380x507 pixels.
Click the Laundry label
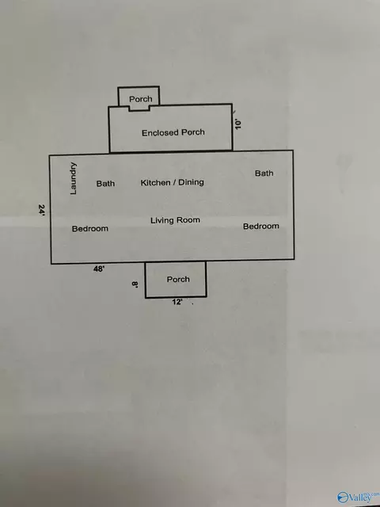(74, 178)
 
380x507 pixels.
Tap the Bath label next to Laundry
(105, 184)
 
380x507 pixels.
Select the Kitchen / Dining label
(173, 183)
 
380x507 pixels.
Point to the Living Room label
(175, 220)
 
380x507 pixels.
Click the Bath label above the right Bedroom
(264, 173)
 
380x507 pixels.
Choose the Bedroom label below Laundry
(90, 229)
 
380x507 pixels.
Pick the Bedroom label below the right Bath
(261, 227)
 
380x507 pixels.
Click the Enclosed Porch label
(173, 132)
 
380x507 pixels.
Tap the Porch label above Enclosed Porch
(141, 99)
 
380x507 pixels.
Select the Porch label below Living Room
(178, 280)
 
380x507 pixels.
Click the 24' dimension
(42, 210)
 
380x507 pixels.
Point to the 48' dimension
(99, 269)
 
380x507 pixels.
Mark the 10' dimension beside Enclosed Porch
(238, 124)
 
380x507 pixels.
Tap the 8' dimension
(135, 284)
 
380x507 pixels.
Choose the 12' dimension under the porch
(177, 303)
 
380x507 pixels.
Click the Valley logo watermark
(358, 497)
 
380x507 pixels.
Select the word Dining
(191, 183)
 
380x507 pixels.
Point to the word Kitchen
(155, 183)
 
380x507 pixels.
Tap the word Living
(161, 221)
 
